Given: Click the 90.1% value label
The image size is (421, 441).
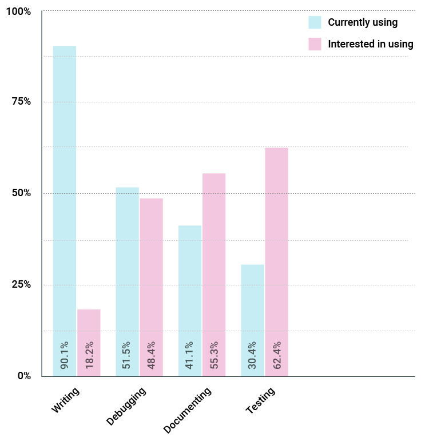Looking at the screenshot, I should tap(65, 355).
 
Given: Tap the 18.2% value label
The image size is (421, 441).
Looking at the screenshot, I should tap(89, 355).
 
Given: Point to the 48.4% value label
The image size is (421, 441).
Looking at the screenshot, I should tap(152, 355).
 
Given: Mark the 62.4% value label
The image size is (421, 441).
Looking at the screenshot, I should tap(277, 355).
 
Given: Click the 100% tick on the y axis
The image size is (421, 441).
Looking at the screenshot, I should tap(20, 11).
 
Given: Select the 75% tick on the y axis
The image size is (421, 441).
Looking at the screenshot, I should tap(22, 102).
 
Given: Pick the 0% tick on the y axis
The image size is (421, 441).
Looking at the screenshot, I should tap(23, 376).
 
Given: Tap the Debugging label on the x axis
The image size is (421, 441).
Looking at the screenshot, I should tap(126, 407).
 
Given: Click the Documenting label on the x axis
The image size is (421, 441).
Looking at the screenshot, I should tap(187, 410).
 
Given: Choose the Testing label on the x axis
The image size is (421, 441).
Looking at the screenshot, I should tap(260, 400).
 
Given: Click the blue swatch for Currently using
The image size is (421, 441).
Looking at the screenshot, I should tap(315, 22).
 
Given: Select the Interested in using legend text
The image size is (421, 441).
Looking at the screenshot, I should tap(370, 44).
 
